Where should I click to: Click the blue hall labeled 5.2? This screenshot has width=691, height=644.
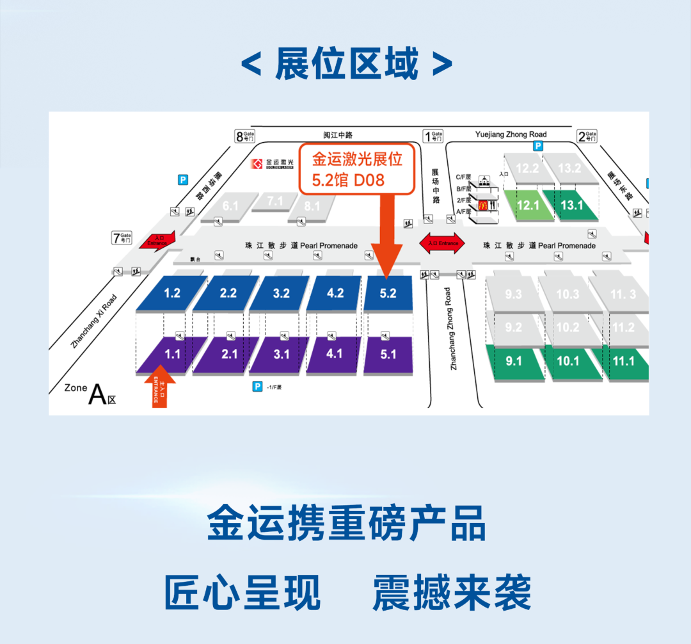tap(388, 294)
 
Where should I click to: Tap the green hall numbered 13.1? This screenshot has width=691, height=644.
tap(571, 205)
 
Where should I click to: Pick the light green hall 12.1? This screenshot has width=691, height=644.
tap(528, 205)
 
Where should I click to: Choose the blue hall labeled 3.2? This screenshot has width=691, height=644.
tap(281, 294)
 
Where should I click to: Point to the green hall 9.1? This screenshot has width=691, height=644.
tap(513, 362)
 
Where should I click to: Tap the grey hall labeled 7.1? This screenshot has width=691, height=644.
tap(275, 202)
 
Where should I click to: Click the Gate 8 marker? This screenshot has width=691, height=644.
tap(245, 136)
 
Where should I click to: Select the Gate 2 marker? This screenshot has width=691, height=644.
tap(587, 136)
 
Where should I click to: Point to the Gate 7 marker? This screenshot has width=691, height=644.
tap(122, 239)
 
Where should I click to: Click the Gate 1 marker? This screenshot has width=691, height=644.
tap(433, 136)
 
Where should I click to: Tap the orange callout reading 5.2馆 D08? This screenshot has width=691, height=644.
tap(357, 169)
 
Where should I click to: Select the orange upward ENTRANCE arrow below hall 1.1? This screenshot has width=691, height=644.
tap(155, 386)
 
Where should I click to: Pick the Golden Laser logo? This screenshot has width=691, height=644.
tap(272, 164)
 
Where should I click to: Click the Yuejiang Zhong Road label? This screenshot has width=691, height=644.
tap(511, 134)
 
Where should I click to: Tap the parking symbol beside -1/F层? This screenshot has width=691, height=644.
tap(257, 387)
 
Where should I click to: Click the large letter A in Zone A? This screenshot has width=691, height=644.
tap(97, 395)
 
